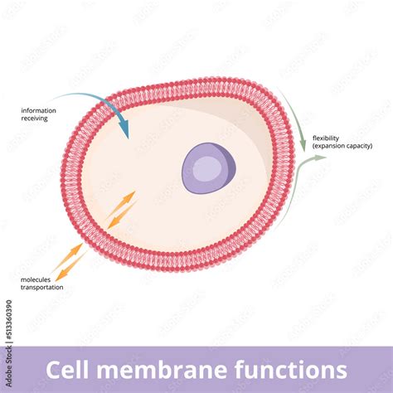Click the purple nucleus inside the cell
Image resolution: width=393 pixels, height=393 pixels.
tap(208, 166)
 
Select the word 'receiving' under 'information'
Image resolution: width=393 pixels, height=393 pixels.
tap(34, 119)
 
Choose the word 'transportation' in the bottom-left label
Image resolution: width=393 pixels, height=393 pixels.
tap(41, 288)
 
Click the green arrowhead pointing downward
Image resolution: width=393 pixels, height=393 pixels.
tap(303, 146)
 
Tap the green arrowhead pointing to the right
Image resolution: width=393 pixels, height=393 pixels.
tap(324, 156)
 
